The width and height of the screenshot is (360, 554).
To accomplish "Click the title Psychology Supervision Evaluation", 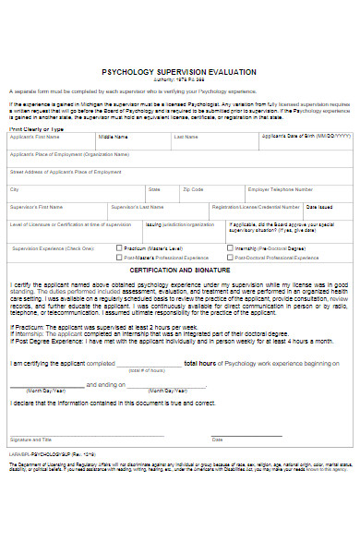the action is pos(179,71).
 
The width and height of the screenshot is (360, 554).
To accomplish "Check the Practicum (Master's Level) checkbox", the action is pos(118,247).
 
